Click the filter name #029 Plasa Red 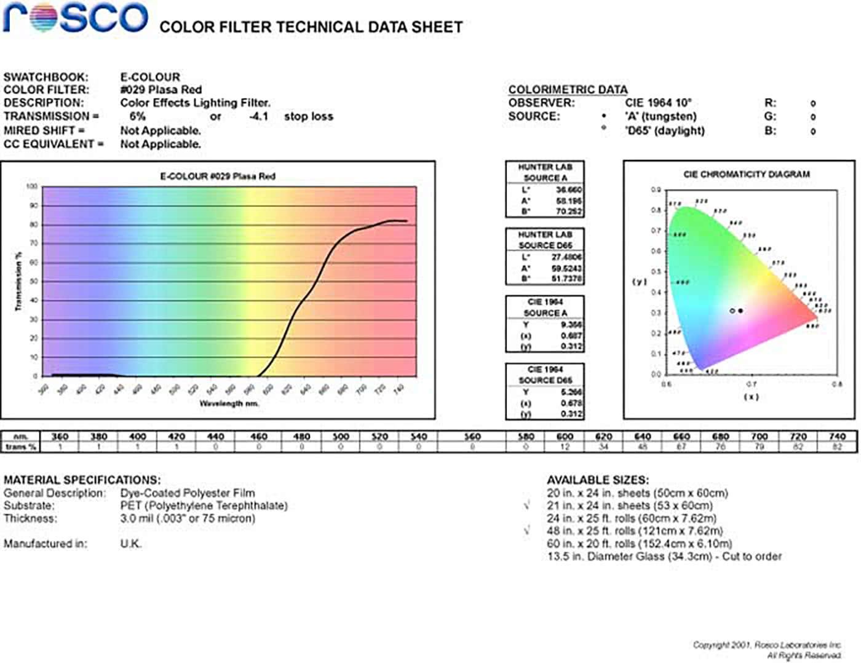[x=161, y=90]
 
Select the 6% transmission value [x=137, y=116]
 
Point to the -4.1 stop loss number [x=259, y=116]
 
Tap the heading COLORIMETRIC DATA [x=568, y=90]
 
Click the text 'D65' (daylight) [x=664, y=130]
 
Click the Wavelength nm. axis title [x=229, y=403]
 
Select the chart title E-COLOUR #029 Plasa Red [x=218, y=177]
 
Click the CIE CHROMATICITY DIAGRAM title [x=746, y=174]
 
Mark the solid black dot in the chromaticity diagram [x=740, y=311]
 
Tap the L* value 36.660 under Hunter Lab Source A [x=569, y=190]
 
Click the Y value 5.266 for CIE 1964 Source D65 [x=571, y=392]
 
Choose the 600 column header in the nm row [x=565, y=436]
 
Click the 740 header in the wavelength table [x=837, y=436]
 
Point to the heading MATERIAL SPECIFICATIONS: [x=82, y=480]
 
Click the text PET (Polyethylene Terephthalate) [x=204, y=506]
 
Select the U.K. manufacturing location [x=130, y=544]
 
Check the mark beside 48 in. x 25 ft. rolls [x=527, y=530]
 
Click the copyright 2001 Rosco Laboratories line [x=766, y=645]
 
